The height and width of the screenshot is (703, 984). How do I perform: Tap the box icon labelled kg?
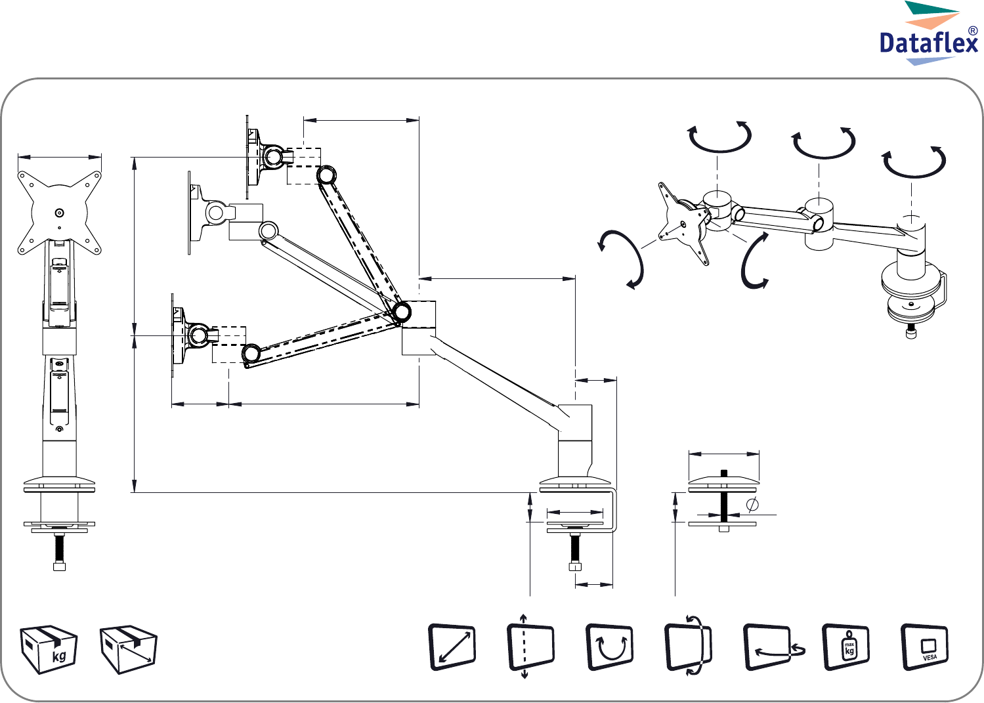(49, 649)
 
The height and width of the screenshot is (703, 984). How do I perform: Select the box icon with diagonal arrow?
(128, 649)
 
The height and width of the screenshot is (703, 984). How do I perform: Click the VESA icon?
(925, 647)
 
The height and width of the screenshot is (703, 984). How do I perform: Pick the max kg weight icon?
(846, 647)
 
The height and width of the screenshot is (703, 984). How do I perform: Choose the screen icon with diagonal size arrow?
(452, 647)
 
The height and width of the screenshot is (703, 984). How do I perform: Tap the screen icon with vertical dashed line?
(530, 647)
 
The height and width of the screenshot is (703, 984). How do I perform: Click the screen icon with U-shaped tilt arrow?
(610, 647)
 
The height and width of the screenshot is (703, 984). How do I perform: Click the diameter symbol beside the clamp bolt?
(752, 504)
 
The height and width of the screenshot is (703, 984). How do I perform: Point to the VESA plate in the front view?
(59, 211)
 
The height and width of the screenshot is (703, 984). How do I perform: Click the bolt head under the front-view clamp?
(59, 565)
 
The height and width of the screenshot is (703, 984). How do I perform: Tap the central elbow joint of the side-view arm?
(402, 312)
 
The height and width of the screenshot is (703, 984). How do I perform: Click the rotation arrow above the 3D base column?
(914, 161)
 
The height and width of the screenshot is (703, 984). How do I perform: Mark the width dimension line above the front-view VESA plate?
(59, 156)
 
